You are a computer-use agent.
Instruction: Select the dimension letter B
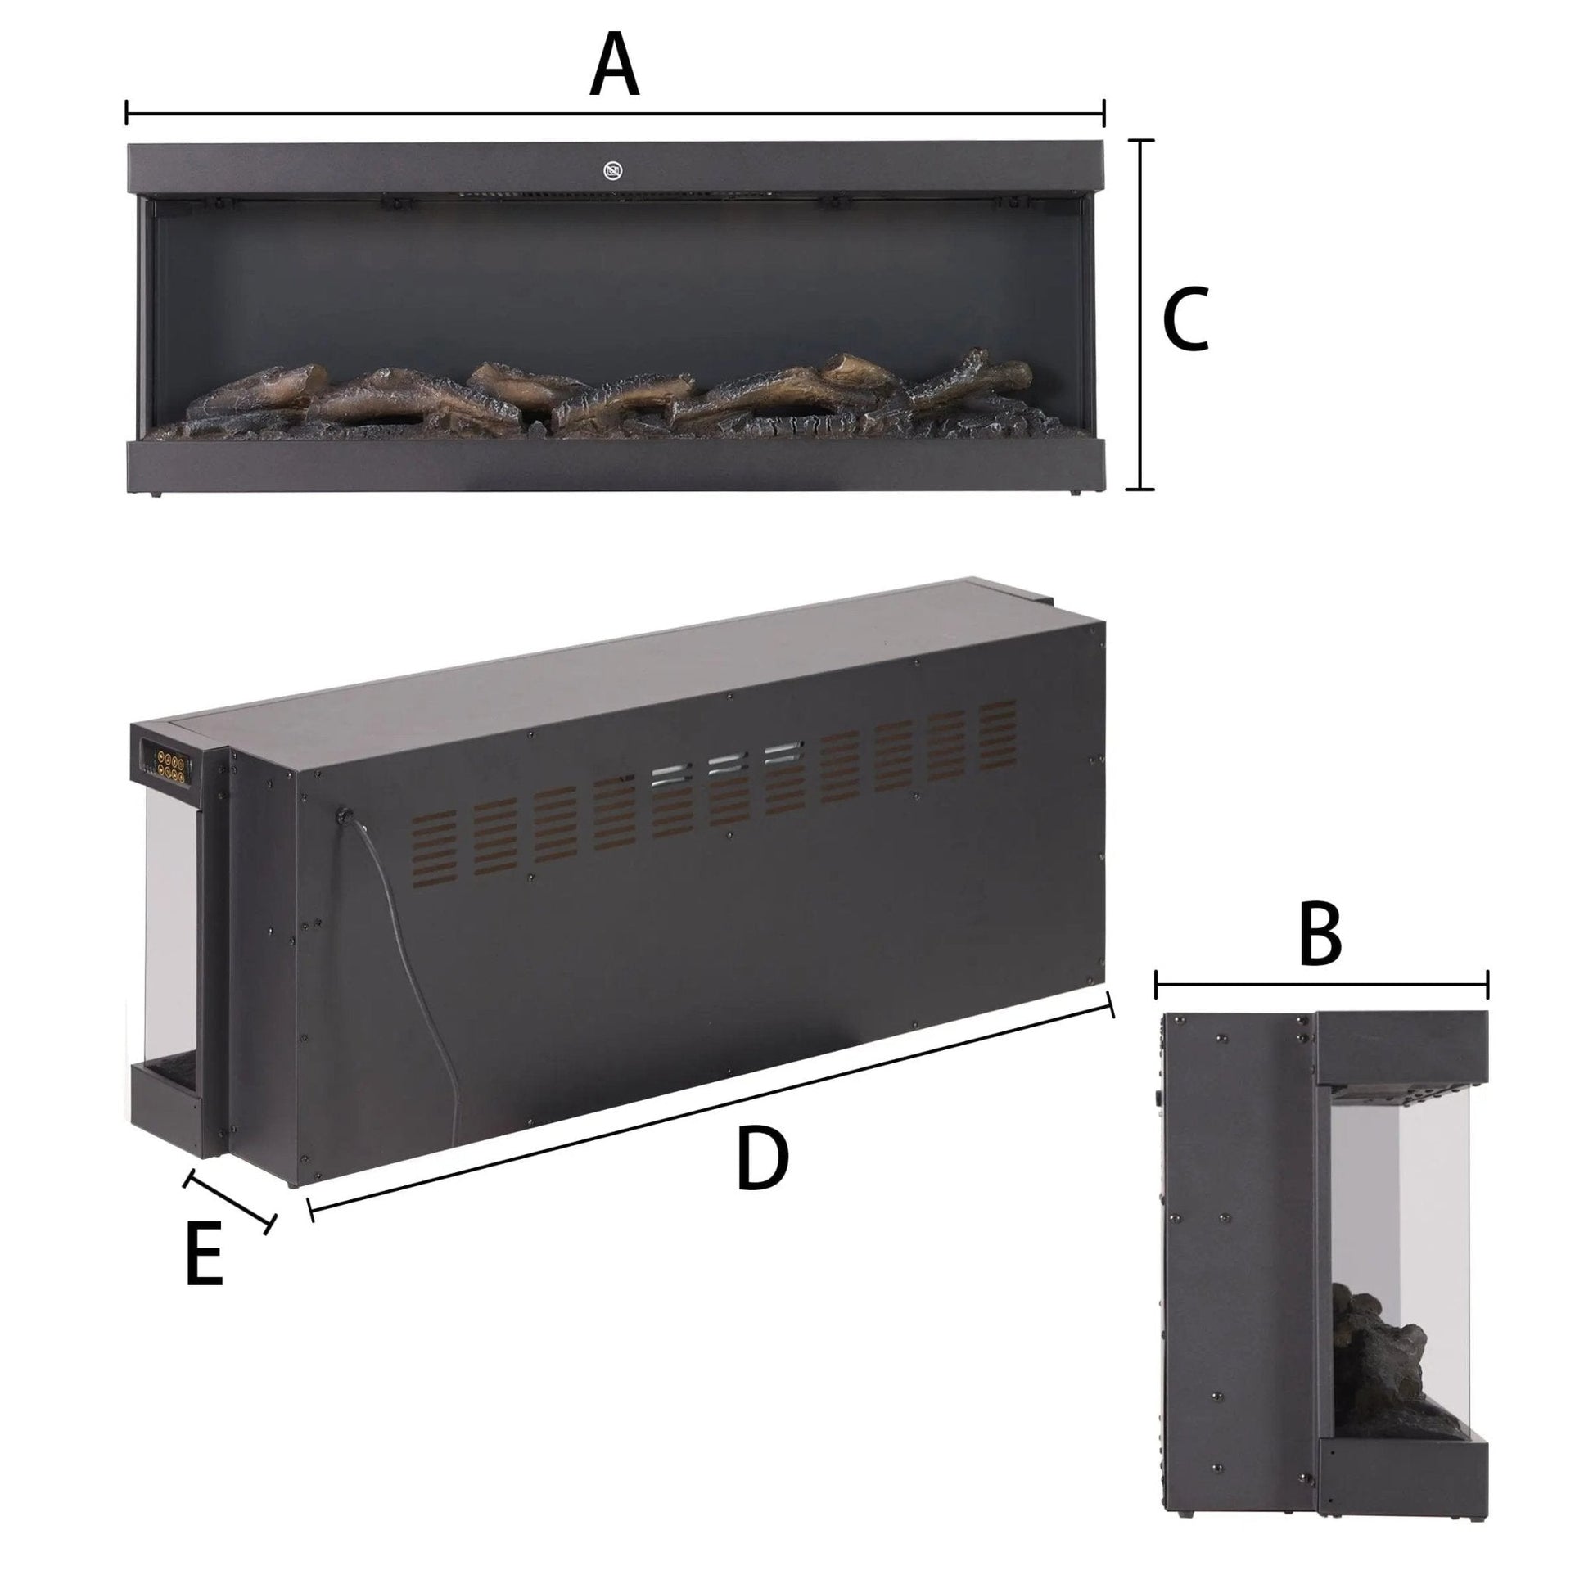click(1320, 936)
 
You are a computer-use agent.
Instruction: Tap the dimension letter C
click(1185, 319)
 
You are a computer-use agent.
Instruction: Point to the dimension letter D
click(762, 1161)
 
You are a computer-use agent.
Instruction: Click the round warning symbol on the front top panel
click(612, 172)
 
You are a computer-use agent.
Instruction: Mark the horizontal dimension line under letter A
click(615, 113)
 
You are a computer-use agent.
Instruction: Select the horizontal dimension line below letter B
click(1322, 984)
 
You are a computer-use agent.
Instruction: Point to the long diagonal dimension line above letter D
click(711, 1105)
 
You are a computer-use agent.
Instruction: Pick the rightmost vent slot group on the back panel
click(998, 737)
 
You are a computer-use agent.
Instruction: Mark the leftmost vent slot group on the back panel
click(434, 847)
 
